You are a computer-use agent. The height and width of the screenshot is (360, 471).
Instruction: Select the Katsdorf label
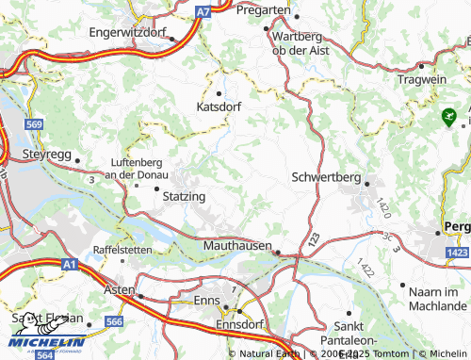[x=219, y=107]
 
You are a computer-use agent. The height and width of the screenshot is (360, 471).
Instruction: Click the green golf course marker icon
[x=448, y=117]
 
